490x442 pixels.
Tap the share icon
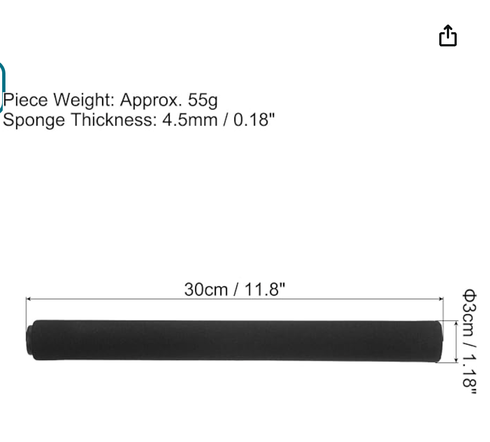tap(448, 36)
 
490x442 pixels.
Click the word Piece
tap(26, 100)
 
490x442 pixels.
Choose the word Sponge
tap(34, 120)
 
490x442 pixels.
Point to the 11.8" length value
tap(265, 290)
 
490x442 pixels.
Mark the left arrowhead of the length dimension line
tap(28, 299)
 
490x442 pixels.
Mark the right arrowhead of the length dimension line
tap(440, 299)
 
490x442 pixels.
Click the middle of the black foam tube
tap(235, 341)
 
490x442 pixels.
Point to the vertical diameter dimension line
tap(456, 341)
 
